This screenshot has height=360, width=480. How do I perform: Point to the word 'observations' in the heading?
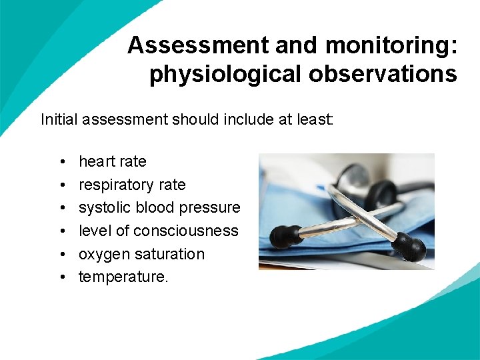click(x=383, y=74)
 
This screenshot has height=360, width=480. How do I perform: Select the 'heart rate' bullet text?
click(x=112, y=161)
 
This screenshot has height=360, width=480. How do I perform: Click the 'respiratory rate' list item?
click(x=132, y=185)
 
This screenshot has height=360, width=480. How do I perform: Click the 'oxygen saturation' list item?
click(x=141, y=254)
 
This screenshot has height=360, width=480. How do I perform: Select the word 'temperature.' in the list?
click(x=123, y=277)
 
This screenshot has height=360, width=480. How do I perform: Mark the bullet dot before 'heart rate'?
click(x=61, y=162)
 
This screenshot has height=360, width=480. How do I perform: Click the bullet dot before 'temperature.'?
click(x=61, y=277)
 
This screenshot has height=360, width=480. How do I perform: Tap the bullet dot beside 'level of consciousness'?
click(x=61, y=231)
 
